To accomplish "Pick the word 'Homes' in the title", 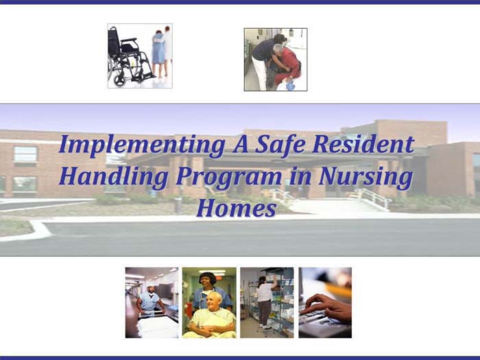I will [x=236, y=207].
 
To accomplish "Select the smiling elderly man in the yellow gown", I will [x=211, y=315].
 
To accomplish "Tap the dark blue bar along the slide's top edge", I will [x=240, y=2].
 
